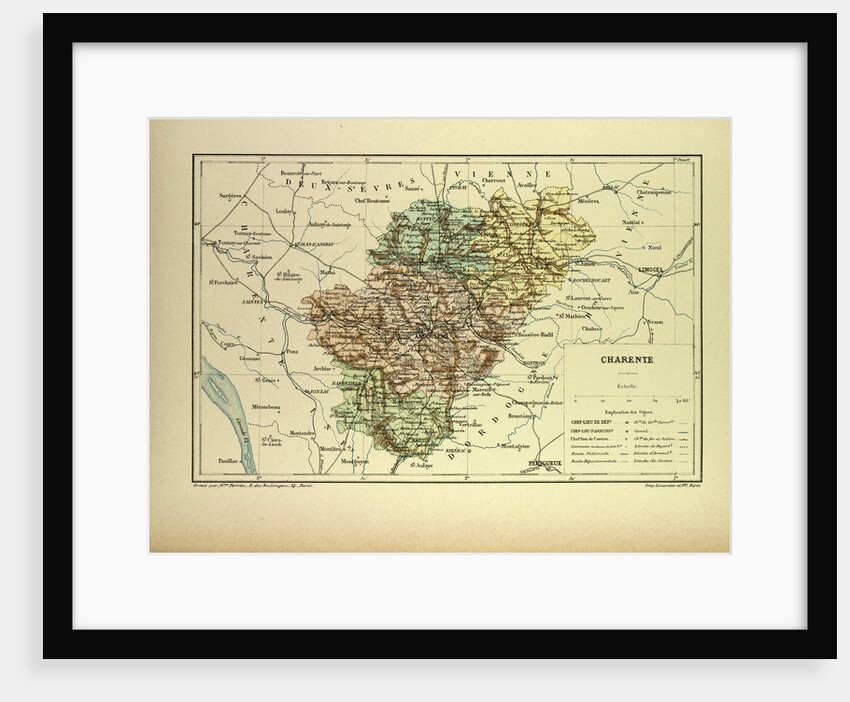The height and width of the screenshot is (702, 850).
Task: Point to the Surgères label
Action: coord(231,196)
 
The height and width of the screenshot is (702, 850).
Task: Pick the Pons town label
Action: coord(291,352)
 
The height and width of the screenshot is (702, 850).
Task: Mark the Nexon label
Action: coord(655,322)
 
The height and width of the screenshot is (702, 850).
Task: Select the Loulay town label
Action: coord(284,212)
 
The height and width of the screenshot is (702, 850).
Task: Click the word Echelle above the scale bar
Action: coord(627,386)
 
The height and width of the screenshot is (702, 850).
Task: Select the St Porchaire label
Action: coord(222,283)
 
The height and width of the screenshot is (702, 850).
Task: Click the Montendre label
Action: coord(302,433)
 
